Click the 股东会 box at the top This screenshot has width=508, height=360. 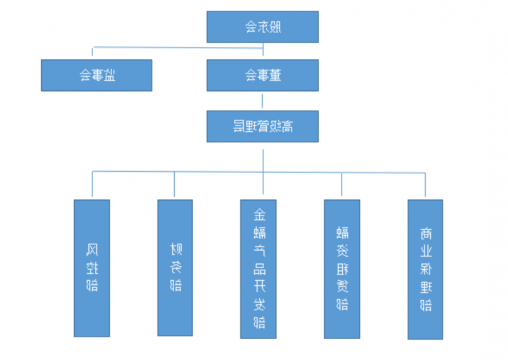(x=263, y=26)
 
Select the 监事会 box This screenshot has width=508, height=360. (x=96, y=75)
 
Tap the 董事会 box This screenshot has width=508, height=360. (x=263, y=75)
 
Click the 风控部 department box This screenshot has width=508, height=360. (x=92, y=267)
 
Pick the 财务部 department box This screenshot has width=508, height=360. (x=175, y=267)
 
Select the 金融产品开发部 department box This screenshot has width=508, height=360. (x=259, y=267)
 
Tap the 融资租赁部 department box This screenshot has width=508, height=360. (x=342, y=267)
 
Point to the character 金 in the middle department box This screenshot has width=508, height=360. (x=259, y=214)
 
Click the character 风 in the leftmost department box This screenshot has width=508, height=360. (x=92, y=243)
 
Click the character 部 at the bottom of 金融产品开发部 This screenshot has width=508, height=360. (x=259, y=322)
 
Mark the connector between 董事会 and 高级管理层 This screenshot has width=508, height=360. (x=263, y=100)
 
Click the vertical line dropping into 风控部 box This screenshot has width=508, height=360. (x=92, y=185)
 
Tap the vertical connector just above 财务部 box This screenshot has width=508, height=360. (x=175, y=185)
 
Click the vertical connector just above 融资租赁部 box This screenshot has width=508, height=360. (x=342, y=185)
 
